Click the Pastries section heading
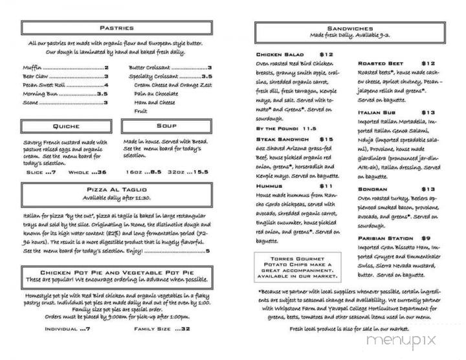pos(117,28)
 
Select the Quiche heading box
pos(66,126)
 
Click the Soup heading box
pos(166,126)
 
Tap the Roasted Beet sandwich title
pos(382,63)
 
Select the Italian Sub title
pos(377,112)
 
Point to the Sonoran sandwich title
pos(372,188)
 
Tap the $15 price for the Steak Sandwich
pos(326,139)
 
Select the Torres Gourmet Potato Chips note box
pos(298,249)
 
